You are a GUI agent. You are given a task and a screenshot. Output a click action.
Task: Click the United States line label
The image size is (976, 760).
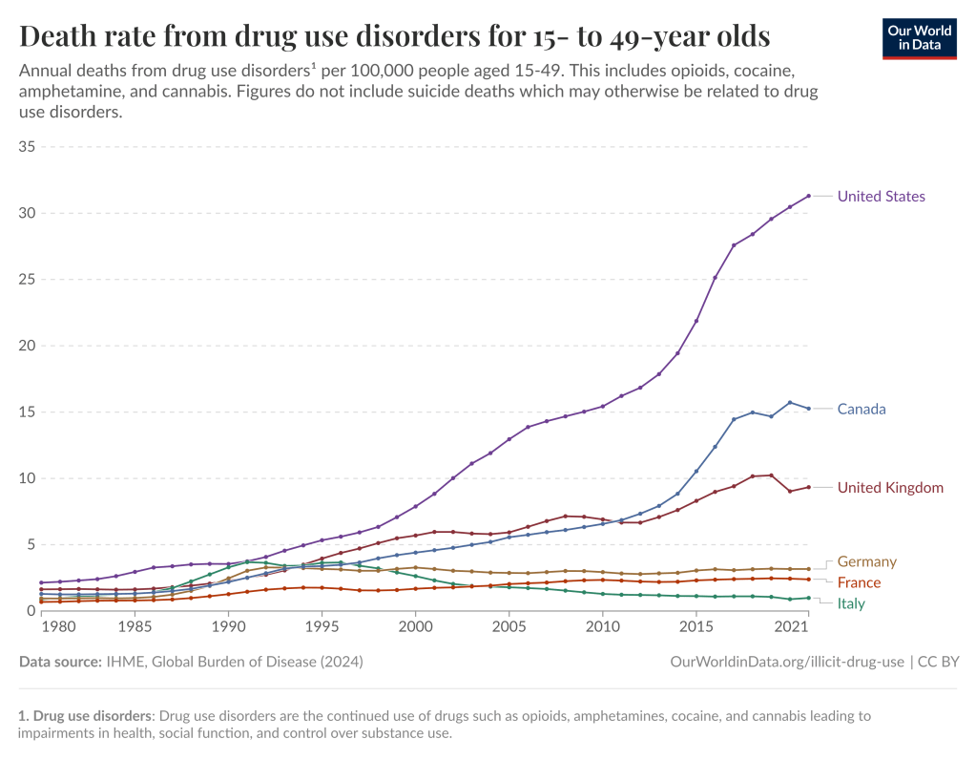(x=881, y=197)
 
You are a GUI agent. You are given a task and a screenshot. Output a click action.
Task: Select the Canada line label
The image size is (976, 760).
(x=862, y=410)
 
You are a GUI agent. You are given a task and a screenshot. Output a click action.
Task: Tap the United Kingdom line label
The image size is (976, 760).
(x=890, y=488)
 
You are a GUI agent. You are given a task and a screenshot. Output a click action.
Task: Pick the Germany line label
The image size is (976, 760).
(x=866, y=562)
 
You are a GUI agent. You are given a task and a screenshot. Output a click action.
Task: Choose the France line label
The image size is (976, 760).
(x=859, y=583)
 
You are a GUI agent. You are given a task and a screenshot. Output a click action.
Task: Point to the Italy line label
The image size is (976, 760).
(x=852, y=604)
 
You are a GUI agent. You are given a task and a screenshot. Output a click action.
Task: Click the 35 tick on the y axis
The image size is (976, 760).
(x=27, y=147)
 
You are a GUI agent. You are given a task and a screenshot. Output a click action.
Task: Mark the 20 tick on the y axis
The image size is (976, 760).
(x=27, y=346)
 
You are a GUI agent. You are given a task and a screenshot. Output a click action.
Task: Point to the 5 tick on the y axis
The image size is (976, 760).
(x=31, y=545)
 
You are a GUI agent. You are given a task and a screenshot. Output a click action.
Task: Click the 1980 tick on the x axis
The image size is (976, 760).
(x=60, y=627)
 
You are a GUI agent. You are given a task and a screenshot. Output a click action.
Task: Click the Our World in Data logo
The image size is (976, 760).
(x=920, y=38)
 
